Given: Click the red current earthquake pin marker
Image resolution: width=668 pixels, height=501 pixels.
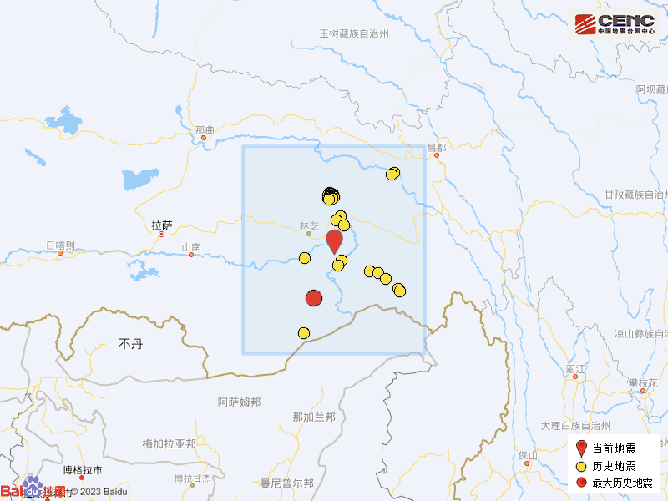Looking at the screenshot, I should point(334,240).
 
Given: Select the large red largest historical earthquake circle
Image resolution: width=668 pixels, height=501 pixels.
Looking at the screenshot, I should point(314,298).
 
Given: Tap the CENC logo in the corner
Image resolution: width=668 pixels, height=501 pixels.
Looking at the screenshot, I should point(613,24).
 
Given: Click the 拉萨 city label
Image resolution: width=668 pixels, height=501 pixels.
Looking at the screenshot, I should point(161,225).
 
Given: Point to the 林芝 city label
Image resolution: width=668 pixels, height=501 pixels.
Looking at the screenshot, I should point(309,225).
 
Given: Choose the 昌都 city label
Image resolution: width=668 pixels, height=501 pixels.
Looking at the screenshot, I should point(436,147).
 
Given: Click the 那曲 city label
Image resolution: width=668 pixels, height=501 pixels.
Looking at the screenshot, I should point(205,130).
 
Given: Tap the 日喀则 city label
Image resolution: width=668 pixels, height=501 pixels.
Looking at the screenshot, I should point(60,245).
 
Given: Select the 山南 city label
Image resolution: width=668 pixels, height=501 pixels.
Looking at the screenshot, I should point(191,247).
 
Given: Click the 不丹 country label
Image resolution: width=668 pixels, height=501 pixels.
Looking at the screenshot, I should point(132,343).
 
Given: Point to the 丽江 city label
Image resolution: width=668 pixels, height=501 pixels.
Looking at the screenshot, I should point(575,368).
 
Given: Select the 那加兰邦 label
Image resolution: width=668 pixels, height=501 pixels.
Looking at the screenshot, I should point(314,417).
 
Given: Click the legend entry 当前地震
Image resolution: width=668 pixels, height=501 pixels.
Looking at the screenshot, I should point(614,448).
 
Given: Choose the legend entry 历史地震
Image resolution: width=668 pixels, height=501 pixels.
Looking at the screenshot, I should point(614,465).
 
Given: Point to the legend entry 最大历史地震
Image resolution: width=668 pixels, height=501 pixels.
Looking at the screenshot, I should point(619,482).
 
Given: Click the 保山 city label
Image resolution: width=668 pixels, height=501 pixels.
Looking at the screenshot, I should point(527,455).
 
